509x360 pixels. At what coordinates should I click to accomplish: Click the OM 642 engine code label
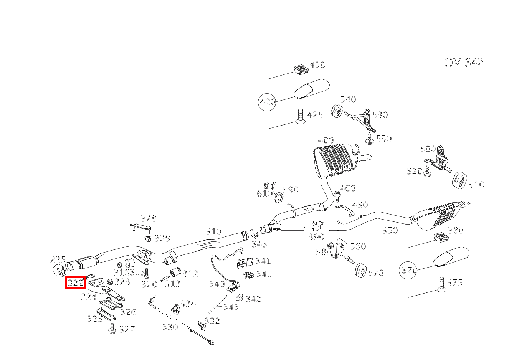tap(463, 63)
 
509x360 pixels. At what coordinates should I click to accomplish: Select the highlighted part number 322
tap(75, 283)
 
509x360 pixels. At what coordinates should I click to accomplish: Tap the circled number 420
tap(267, 102)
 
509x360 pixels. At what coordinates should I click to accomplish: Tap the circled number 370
tap(408, 270)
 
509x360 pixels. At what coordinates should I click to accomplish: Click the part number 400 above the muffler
tap(326, 140)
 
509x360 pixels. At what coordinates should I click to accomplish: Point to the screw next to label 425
tap(301, 117)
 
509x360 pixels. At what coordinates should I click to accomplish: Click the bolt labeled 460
tap(337, 196)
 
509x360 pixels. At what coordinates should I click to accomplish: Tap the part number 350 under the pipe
tap(390, 230)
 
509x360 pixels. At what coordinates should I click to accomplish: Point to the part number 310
tap(213, 231)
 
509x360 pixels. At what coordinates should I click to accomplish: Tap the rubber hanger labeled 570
tap(360, 270)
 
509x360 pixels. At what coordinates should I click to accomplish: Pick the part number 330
tap(170, 327)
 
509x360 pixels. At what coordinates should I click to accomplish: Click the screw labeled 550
tap(370, 139)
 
